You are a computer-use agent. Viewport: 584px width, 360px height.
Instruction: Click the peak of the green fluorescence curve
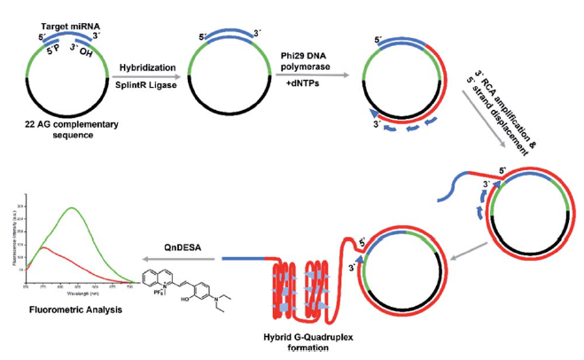coord(73,208)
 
